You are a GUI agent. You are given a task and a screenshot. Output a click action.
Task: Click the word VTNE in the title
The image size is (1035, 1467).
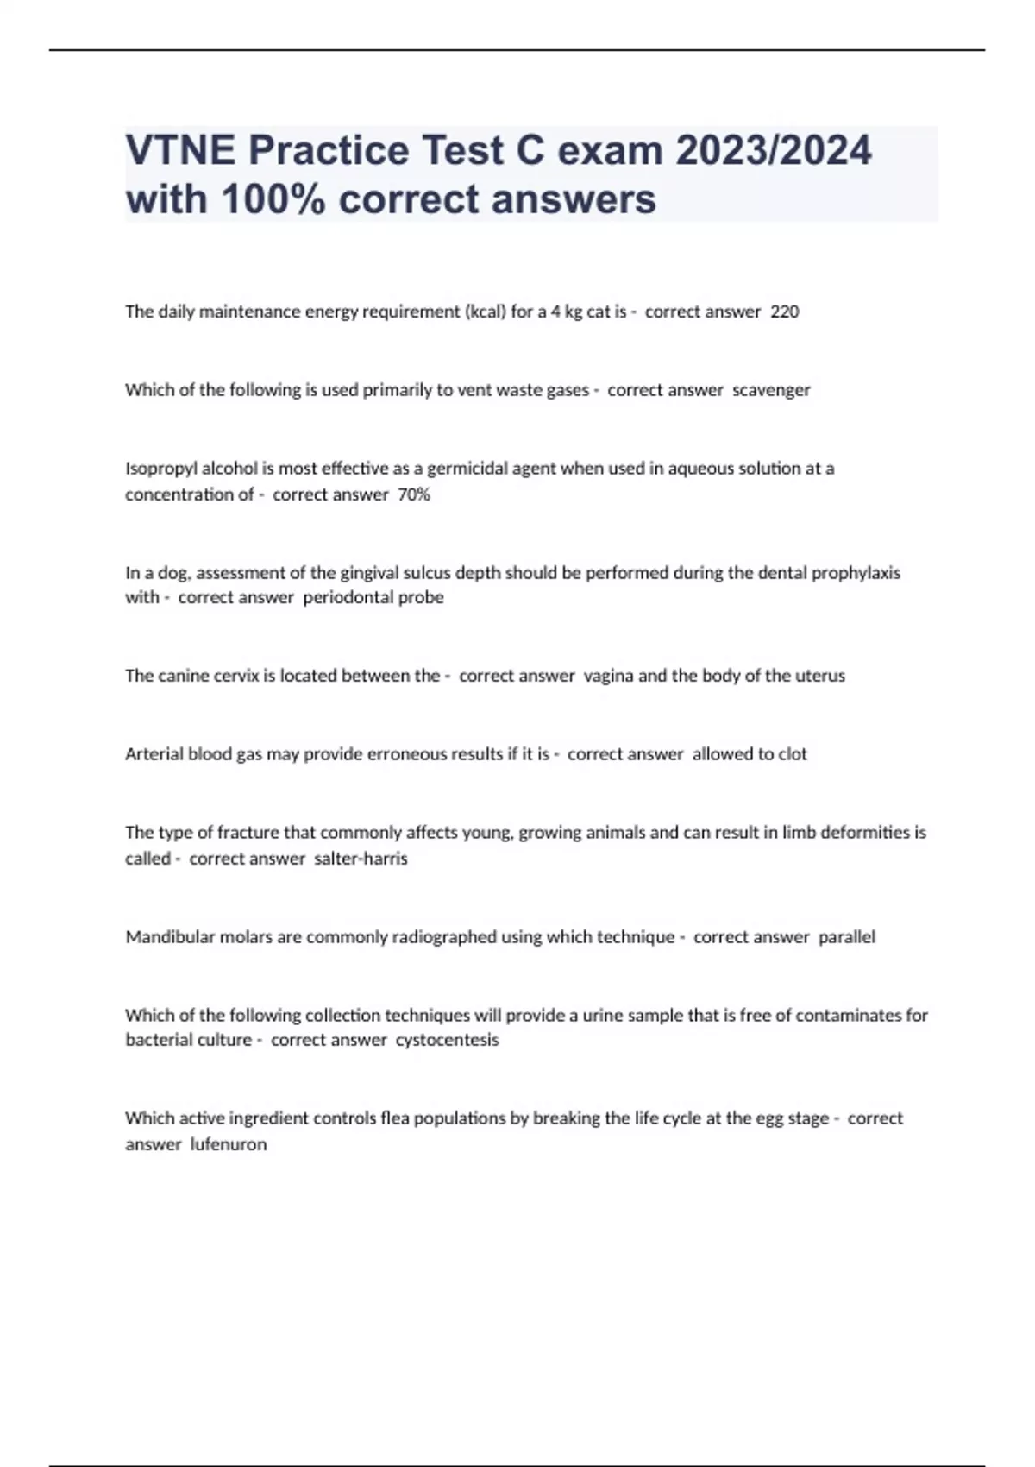[x=179, y=150]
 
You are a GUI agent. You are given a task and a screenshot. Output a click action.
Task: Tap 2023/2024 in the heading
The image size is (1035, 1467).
[x=774, y=150]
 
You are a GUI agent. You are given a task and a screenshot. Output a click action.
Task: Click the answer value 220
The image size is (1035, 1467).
[x=784, y=312]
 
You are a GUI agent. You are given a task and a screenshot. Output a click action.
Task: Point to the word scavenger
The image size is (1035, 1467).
[x=771, y=390]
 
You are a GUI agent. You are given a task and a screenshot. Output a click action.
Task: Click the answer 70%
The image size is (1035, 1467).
[x=414, y=494]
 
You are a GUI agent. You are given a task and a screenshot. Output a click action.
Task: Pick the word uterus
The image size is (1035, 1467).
[x=819, y=676]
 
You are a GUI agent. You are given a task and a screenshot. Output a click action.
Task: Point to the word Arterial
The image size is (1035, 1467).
[x=153, y=754]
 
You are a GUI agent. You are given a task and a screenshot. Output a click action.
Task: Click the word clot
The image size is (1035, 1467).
[x=793, y=754]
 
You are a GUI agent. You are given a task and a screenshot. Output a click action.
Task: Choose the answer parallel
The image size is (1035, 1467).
[x=846, y=937]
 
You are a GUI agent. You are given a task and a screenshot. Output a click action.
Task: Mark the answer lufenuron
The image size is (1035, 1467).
[x=229, y=1144]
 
